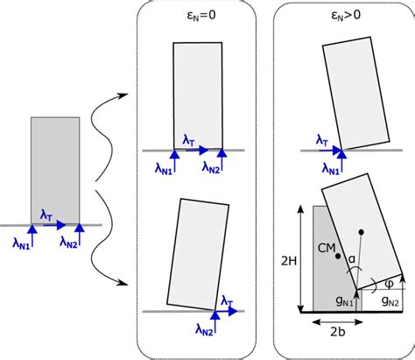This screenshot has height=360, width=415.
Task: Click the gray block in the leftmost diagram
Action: pyautogui.click(x=55, y=171)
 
